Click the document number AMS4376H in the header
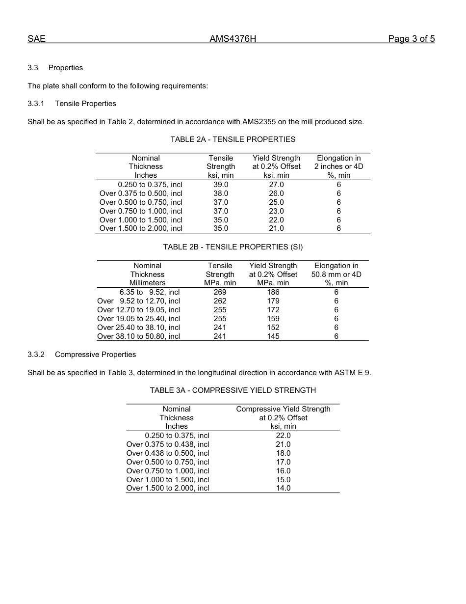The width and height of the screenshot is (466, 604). [233, 39]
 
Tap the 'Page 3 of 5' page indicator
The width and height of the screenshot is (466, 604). [411, 39]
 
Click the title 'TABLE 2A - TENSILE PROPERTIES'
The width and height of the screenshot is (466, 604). [233, 139]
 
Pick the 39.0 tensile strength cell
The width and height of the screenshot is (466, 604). [221, 185]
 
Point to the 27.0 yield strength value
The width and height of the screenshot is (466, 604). [276, 185]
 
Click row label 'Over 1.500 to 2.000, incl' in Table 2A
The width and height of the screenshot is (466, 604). [141, 228]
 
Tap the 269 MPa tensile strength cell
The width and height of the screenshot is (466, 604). [220, 292]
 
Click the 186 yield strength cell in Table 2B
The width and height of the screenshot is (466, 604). [273, 292]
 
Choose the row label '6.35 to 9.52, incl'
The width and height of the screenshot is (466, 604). [150, 292]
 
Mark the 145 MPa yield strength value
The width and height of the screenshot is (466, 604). [273, 336]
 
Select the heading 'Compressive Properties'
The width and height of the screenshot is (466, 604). [95, 355]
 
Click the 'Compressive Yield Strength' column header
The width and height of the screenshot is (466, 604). [283, 409]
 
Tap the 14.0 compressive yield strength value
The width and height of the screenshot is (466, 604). [283, 488]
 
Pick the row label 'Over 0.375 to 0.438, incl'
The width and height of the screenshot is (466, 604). [168, 444]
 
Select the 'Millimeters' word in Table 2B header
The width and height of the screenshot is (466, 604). [147, 283]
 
